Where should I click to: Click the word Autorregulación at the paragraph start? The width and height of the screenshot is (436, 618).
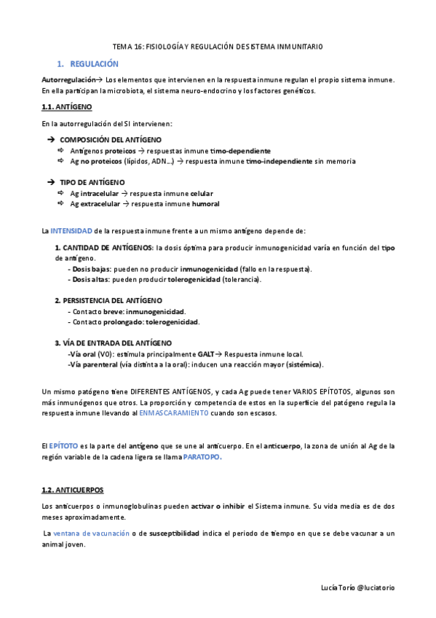68,79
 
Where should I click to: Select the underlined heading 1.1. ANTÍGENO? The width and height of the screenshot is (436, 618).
67,107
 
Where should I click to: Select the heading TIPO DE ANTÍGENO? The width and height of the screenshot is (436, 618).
92,182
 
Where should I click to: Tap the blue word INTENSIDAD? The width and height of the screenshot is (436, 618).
71,231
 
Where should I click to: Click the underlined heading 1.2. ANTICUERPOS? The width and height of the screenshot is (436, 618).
73,490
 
